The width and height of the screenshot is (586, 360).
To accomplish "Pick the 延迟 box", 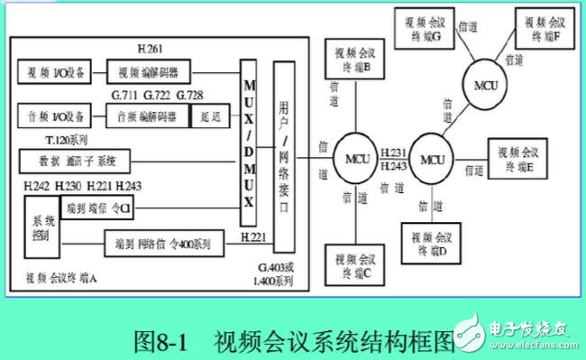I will [x=211, y=115].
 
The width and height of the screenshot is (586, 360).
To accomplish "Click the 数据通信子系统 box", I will [x=75, y=161].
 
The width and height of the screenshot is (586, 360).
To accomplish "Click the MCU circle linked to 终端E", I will [x=433, y=160].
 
